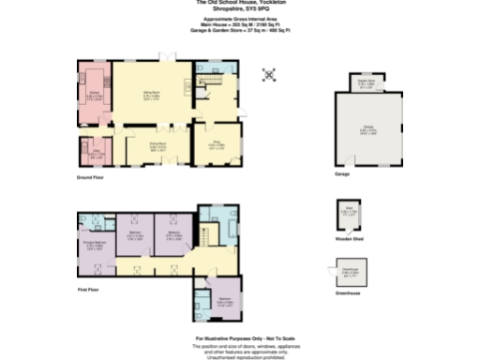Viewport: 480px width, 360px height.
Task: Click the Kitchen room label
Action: pos(95,97)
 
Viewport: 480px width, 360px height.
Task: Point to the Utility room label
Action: pos(96,152)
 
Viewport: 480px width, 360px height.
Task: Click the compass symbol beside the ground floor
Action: pos(270,73)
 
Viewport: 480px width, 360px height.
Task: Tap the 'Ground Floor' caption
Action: pos(91,177)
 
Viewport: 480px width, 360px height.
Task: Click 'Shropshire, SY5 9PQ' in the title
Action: pos(240,12)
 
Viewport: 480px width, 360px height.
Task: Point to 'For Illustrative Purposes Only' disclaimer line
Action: pos(241,337)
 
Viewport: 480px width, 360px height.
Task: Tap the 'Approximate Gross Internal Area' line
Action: pos(240,19)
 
